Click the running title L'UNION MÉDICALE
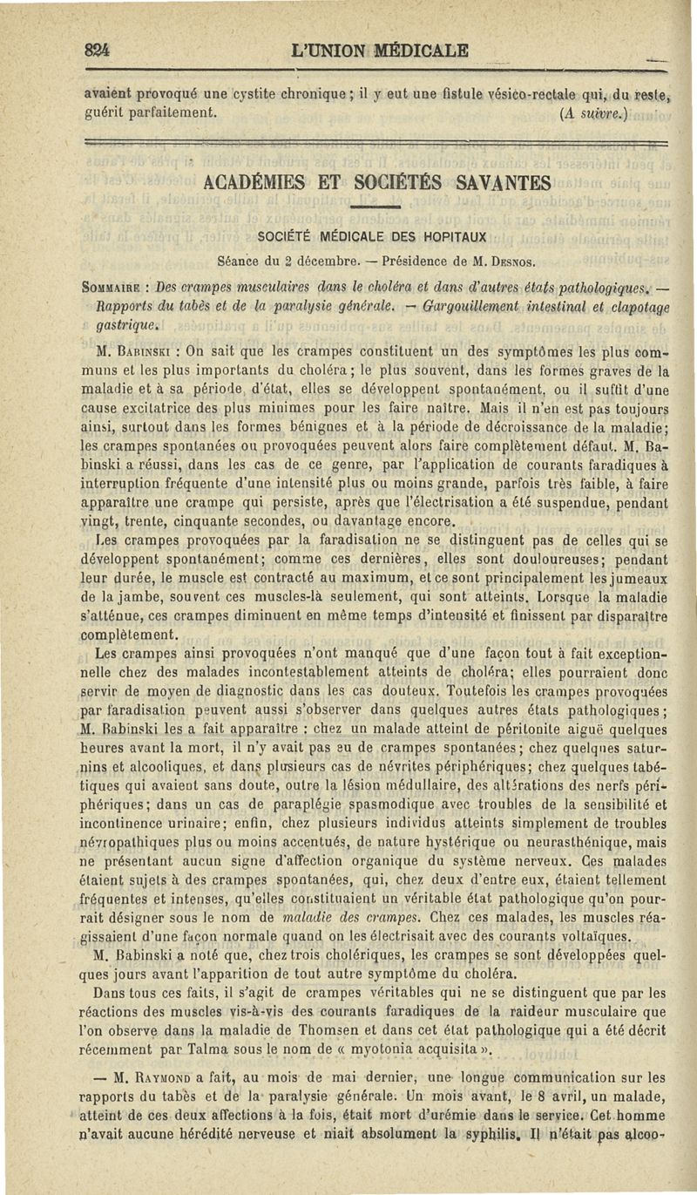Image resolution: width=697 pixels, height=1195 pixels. (382, 51)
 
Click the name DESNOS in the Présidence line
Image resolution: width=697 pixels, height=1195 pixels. (513, 260)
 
